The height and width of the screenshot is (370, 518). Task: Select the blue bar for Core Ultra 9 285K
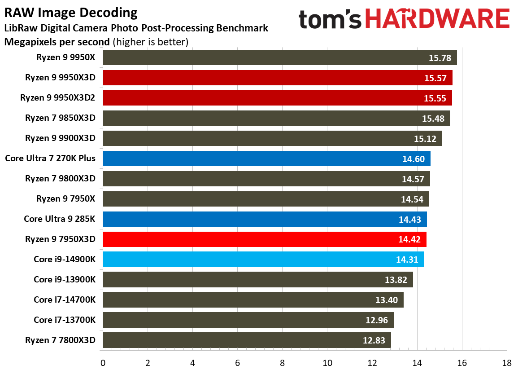pos(265,219)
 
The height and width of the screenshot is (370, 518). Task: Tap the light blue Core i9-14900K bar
pos(263,260)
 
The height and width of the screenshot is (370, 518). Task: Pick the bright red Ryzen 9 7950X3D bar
pos(265,239)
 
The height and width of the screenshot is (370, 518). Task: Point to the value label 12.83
pos(374,340)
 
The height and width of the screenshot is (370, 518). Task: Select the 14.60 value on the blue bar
pos(413,159)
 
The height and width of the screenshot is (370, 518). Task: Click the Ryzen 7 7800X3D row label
pos(61,340)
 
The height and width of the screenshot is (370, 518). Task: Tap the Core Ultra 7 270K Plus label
pos(50,158)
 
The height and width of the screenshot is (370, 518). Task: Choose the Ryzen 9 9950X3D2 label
pos(58,97)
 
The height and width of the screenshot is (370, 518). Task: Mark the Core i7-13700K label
pos(65,320)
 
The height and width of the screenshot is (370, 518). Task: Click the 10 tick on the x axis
pos(327,363)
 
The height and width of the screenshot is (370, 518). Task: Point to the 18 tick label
pos(507,363)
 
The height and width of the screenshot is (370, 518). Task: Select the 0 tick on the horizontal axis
pos(103,363)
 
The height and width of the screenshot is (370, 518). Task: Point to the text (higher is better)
pos(150,42)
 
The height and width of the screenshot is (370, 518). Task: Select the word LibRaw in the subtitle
pos(19,28)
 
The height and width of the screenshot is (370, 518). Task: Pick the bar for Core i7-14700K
pos(253,300)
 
